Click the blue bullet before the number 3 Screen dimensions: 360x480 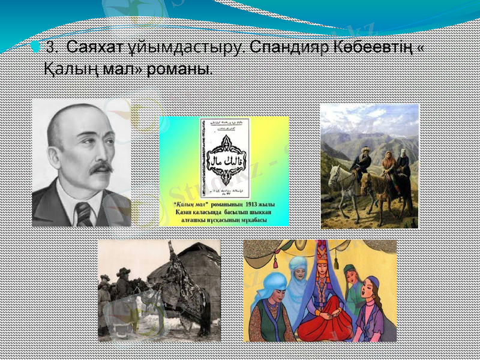[x=37, y=47]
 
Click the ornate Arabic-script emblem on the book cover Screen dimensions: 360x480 [x=223, y=155]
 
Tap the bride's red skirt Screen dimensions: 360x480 [x=324, y=321]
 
